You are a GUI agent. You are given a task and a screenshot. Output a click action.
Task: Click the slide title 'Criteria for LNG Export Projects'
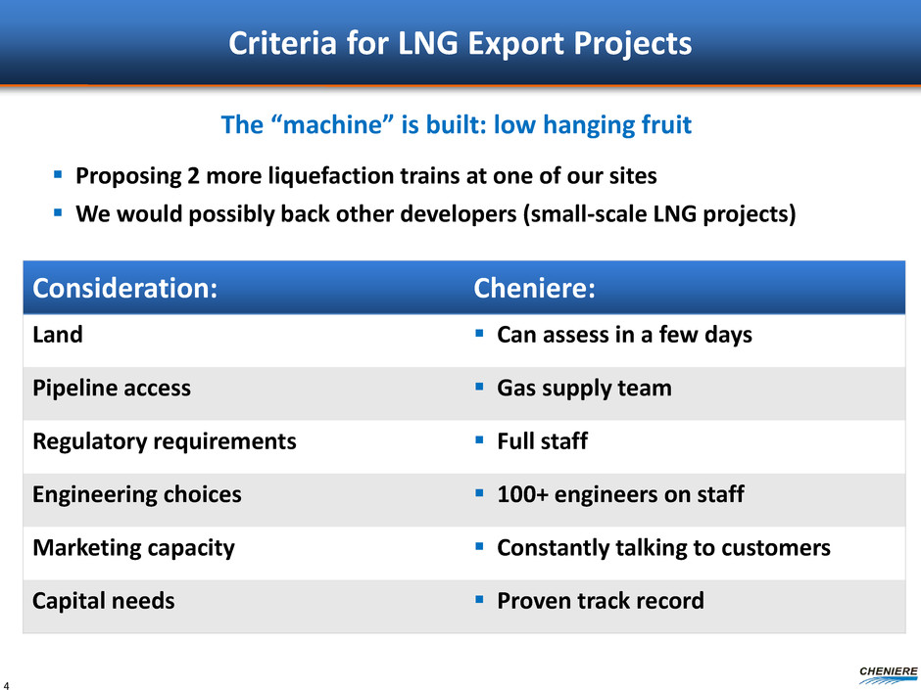(x=460, y=43)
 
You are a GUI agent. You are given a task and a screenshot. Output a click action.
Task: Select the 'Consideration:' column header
(x=125, y=288)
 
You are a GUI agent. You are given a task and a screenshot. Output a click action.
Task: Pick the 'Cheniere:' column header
(x=534, y=288)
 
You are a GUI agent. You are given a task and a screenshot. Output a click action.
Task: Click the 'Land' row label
(x=58, y=335)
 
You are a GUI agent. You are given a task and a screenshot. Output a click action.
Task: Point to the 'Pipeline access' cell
(x=112, y=389)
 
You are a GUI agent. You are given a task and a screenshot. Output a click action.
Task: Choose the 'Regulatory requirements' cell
(x=165, y=441)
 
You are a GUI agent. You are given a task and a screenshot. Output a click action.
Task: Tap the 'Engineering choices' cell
(x=137, y=494)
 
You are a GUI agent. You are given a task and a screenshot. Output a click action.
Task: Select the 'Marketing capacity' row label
(x=134, y=548)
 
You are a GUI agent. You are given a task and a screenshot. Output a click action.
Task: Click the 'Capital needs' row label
(x=104, y=601)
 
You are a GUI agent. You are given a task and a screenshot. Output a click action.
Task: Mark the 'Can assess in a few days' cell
(x=624, y=335)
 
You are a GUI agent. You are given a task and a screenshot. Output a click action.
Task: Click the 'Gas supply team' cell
(x=584, y=389)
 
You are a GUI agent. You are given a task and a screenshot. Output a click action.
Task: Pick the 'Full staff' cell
(x=542, y=441)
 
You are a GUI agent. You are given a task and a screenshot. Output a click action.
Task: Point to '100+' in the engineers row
(x=523, y=494)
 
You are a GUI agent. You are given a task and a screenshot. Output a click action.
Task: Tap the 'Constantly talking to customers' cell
(x=663, y=548)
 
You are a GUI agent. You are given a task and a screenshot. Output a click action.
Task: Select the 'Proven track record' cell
(x=601, y=601)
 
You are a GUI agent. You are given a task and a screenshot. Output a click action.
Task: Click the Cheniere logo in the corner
(x=888, y=675)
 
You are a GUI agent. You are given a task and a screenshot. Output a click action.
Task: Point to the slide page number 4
(x=6, y=685)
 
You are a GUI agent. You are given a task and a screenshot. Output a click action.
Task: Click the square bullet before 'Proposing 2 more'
(x=58, y=174)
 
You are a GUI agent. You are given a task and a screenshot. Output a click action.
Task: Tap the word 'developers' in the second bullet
(x=459, y=214)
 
